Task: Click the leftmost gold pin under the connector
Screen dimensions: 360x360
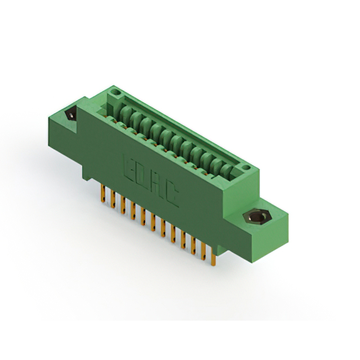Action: click(x=103, y=193)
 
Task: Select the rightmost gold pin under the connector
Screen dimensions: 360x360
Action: click(x=213, y=258)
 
